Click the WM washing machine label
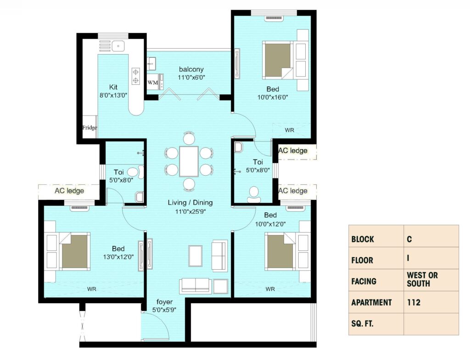tap(152, 83)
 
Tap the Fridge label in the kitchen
tap(90, 127)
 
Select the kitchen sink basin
tap(118, 46)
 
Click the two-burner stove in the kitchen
tap(136, 76)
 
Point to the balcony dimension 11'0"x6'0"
tap(191, 78)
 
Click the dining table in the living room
tap(189, 161)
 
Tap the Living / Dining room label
tap(190, 202)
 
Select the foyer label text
tap(165, 302)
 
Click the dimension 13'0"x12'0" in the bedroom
tap(118, 257)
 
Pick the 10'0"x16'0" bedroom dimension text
tap(273, 97)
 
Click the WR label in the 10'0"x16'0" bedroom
tap(290, 130)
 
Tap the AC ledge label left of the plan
tap(69, 191)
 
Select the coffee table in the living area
tap(196, 256)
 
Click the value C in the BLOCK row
tap(409, 239)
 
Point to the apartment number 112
tap(414, 303)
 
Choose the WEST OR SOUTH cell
tap(422, 279)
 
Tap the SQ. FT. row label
tap(363, 324)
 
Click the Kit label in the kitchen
tap(113, 87)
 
